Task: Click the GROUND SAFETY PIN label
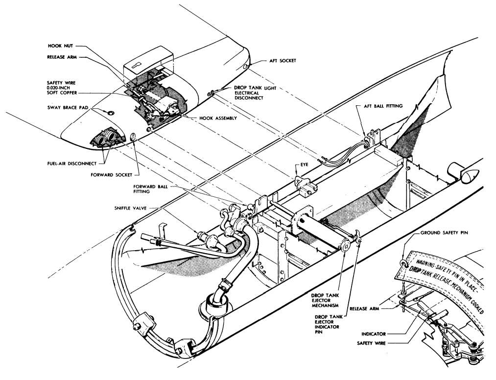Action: tap(447, 233)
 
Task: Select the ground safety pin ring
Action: tap(403, 264)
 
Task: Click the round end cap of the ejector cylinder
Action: tap(346, 246)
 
